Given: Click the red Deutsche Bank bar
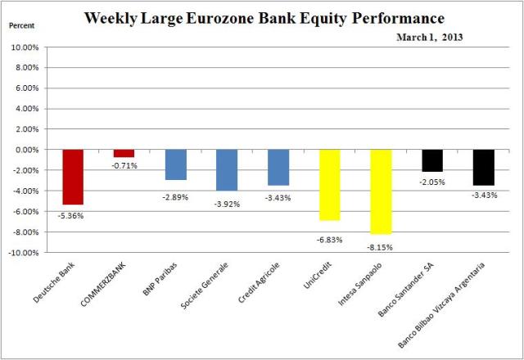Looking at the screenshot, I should pos(73,177).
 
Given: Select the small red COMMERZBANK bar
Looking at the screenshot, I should pos(124,153).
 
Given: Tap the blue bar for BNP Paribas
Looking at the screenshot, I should pos(175,164).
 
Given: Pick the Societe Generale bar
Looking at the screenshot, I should pos(227,169).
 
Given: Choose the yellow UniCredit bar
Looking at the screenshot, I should pos(329,185).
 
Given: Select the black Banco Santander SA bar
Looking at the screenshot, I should pos(432,160).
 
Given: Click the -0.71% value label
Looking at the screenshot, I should pos(124,166).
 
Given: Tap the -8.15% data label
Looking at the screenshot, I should pos(381,245).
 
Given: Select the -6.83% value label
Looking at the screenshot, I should pos(329,240).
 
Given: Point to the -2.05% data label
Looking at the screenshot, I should pos(432,182).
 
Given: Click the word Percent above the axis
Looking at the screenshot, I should pos(23,25).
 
